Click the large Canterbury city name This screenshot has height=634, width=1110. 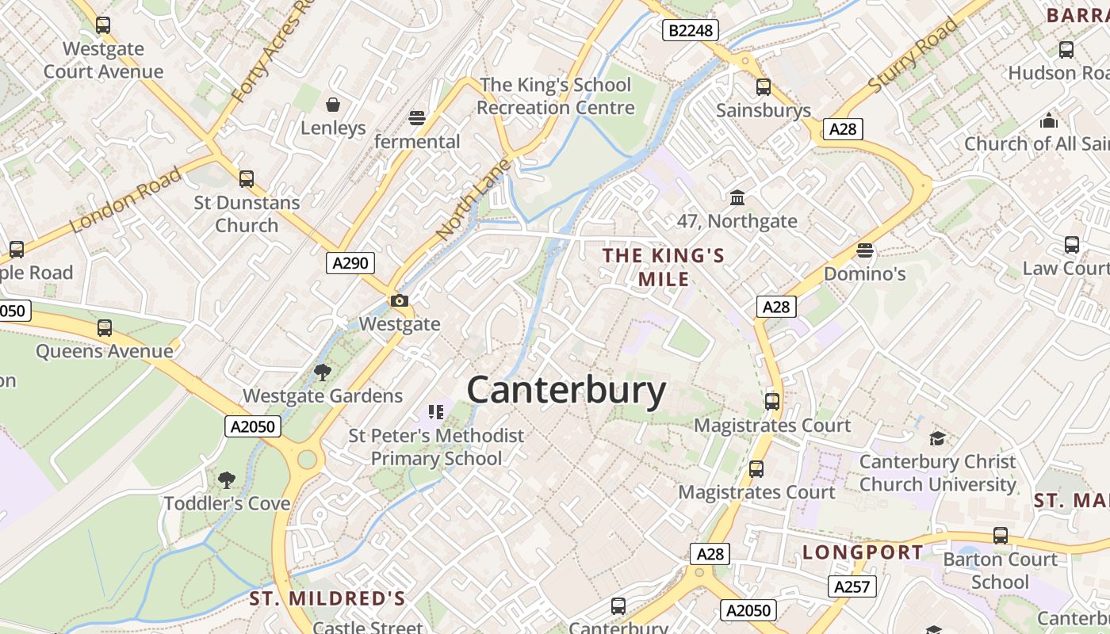tap(566, 391)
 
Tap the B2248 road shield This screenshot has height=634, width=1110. tap(690, 30)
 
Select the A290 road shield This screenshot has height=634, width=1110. tap(350, 263)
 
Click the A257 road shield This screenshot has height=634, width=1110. tap(853, 586)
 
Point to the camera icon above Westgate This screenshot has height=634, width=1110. tap(399, 300)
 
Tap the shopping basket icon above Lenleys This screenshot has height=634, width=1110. tap(333, 105)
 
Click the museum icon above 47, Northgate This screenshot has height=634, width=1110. tap(737, 197)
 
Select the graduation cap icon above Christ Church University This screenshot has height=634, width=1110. tap(937, 438)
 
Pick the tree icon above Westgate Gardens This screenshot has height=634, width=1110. tap(322, 372)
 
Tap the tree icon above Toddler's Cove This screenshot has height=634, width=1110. tap(227, 479)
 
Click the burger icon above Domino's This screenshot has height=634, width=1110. tap(865, 250)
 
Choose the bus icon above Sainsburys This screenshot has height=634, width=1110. tap(764, 87)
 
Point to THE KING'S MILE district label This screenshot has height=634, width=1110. tap(664, 267)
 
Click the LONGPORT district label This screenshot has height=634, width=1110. tap(863, 552)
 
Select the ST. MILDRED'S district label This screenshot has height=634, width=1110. tap(327, 598)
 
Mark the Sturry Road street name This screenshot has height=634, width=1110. tap(913, 55)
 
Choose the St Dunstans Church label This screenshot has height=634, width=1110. tap(247, 214)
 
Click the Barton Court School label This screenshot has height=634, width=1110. tap(1000, 571)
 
